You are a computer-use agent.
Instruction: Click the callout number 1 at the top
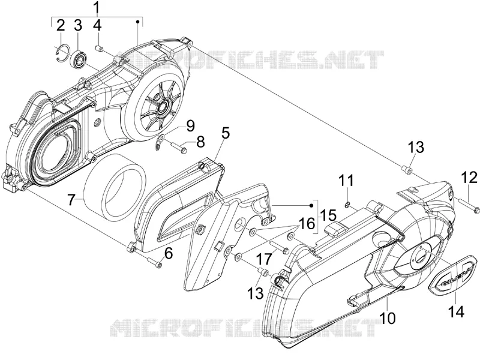[x=97, y=8]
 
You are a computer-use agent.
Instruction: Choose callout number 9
[x=190, y=125]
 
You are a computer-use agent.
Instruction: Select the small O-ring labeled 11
[x=347, y=205]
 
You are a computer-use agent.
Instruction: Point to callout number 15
[x=329, y=214]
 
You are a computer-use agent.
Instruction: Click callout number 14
[x=456, y=311]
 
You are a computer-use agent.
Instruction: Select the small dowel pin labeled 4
[x=100, y=48]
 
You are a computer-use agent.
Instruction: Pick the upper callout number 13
[x=416, y=147]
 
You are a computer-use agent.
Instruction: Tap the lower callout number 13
[x=256, y=293]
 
